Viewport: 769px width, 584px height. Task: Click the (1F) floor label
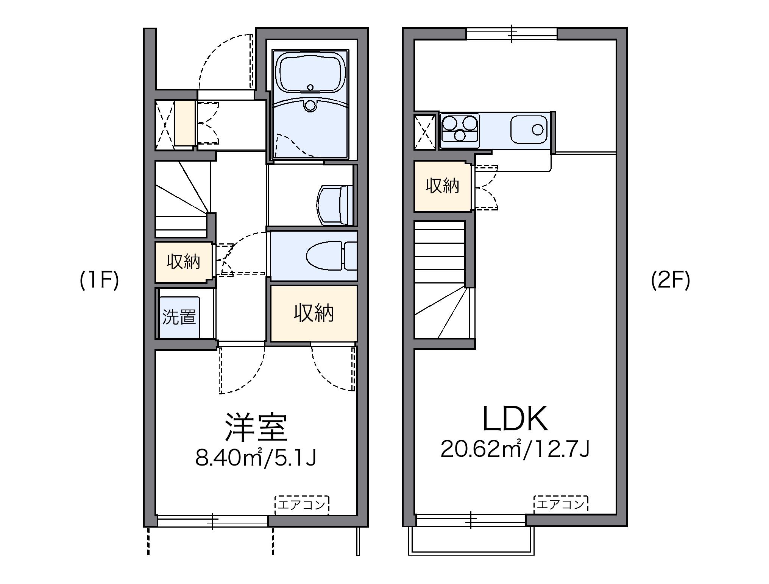tap(99, 280)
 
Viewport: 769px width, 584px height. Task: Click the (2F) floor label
tap(671, 280)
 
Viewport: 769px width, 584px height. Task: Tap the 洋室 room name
tap(256, 428)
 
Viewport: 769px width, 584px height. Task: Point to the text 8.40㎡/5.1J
tap(256, 458)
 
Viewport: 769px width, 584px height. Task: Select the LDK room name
tap(515, 419)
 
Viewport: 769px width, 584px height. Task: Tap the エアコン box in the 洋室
tap(302, 505)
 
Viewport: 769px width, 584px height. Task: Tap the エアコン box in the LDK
tap(561, 504)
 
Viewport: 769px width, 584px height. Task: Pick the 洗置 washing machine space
tap(179, 317)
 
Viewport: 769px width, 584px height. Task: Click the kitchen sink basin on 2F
tap(529, 130)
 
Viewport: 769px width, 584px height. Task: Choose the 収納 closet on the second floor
tap(442, 186)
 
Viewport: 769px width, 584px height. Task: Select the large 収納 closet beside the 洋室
tap(314, 313)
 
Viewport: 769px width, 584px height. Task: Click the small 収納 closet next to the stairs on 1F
tap(183, 262)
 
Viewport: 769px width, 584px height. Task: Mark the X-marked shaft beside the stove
tap(426, 131)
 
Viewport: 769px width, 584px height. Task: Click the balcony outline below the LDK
tap(471, 545)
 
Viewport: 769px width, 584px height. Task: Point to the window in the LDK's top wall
tap(512, 33)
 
